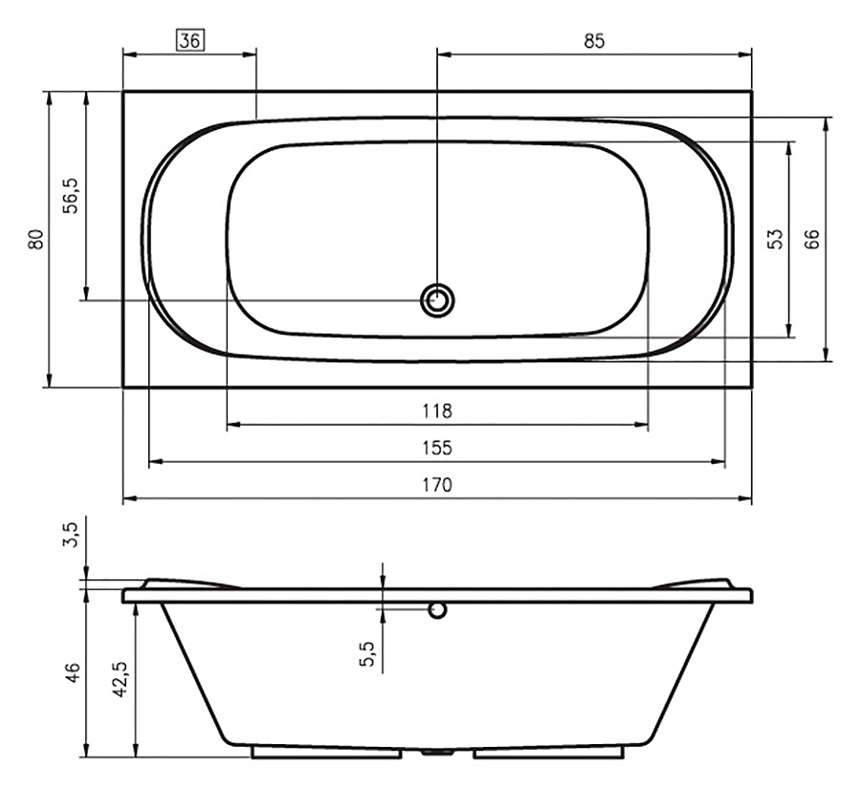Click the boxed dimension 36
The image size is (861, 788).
coord(190,41)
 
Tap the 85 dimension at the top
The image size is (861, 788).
coord(594,41)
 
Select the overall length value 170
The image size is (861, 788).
coord(437,485)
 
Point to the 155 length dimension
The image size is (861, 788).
coord(437,449)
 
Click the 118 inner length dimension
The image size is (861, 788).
coord(437,411)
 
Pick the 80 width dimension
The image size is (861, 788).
coord(35,239)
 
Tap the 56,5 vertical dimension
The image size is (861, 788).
coord(72,196)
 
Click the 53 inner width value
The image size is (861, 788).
coord(775,239)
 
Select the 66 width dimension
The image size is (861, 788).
coord(811,239)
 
